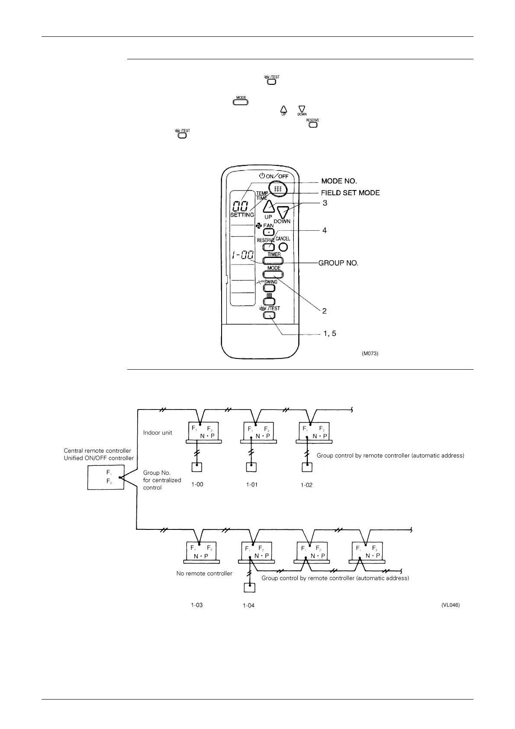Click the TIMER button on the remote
pos(273,261)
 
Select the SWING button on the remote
pos(270,287)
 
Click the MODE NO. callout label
pos(339,181)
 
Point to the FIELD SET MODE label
pos(350,193)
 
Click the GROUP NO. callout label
pos(338,263)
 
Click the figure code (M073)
pos(370,354)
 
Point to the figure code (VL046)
pos(451,605)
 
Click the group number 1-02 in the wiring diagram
pos(306,485)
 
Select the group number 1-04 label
pos(248,606)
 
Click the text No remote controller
pos(204,574)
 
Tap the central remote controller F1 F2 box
pos(106,477)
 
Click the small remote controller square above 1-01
pos(251,467)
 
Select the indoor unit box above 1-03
pos(202,551)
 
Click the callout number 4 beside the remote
pos(324,230)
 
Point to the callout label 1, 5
pos(329,333)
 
